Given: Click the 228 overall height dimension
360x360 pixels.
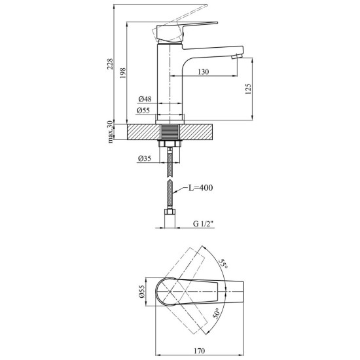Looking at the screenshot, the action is (x=111, y=63).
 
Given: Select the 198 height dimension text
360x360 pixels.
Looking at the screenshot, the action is (x=123, y=73).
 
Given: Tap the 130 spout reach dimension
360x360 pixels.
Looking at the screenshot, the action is (x=204, y=72).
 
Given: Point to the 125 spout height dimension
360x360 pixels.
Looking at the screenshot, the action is (x=248, y=89).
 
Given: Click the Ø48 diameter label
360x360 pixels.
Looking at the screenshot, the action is (x=145, y=99).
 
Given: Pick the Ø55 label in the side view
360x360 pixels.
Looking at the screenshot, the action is (x=143, y=111).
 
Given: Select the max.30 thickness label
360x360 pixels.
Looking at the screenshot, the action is (x=111, y=132).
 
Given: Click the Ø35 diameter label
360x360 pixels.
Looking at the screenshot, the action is (x=145, y=158).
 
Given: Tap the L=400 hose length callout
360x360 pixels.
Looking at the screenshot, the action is (x=200, y=188).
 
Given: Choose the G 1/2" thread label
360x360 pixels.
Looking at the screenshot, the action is (x=204, y=223).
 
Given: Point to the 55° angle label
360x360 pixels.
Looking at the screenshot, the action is (x=223, y=264).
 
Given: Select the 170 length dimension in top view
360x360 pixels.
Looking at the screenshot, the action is (x=199, y=351).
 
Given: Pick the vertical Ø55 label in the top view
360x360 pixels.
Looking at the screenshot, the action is (x=142, y=291).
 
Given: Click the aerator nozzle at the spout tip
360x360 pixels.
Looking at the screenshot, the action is (x=236, y=56).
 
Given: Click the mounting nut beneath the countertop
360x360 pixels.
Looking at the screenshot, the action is (x=170, y=143).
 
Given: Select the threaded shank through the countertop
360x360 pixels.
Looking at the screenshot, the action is (x=170, y=132).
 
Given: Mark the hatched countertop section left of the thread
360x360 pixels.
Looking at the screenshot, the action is (x=144, y=132).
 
